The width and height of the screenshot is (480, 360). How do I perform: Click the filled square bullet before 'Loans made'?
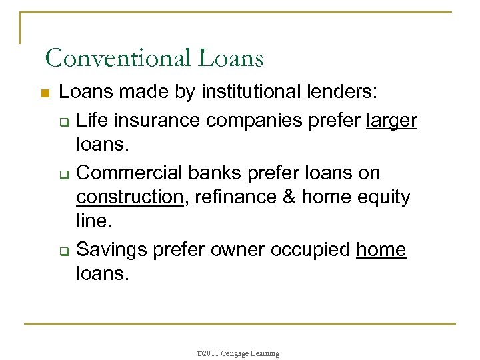pos(45,95)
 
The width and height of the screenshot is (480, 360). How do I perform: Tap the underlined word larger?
pos(392,121)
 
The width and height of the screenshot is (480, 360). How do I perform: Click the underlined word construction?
pos(129,198)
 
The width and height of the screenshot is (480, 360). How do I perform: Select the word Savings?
pos(111,250)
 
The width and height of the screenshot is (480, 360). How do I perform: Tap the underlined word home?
pos(381,250)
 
